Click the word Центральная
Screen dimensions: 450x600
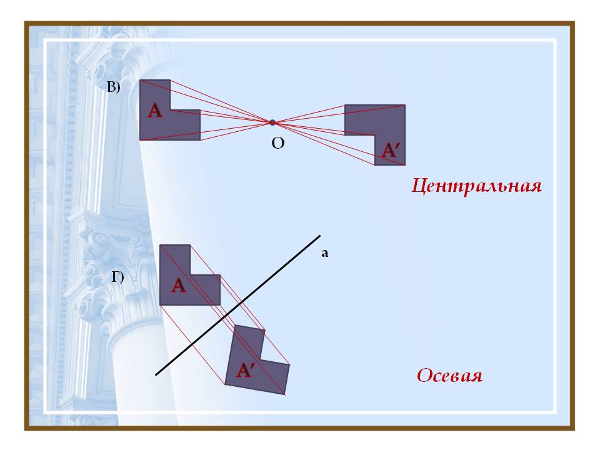pos(476,187)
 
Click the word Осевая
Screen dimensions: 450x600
pos(450,376)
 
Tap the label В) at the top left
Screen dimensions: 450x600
pos(113,88)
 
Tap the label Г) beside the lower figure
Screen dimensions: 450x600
pos(117,277)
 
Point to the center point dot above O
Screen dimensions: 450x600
pos(272,122)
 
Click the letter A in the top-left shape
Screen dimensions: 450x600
pos(155,112)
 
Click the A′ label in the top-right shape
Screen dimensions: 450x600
pos(391,151)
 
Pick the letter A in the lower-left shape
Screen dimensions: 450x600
pos(179,286)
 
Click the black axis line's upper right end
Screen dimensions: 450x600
pos(320,236)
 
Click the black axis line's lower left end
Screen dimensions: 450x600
pos(156,376)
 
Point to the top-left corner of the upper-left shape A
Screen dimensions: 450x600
pos(140,80)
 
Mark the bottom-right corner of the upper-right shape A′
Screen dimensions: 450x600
pos(405,165)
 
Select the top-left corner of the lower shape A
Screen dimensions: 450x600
pos(160,245)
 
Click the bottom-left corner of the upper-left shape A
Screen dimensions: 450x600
pos(140,140)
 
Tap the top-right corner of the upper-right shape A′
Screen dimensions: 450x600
pos(405,105)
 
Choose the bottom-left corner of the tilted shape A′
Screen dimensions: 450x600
pos(225,384)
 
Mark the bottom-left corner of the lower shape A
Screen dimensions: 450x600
pos(160,305)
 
